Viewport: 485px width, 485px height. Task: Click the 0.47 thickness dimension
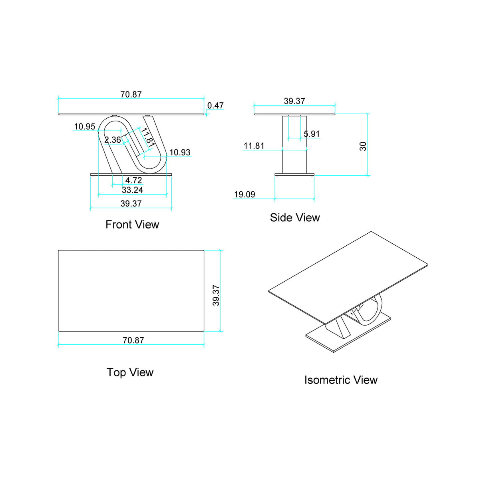pos(215,105)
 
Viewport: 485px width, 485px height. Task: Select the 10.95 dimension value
pos(85,127)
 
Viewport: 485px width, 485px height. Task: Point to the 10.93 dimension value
pos(180,152)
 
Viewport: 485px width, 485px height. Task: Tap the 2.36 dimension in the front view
pos(113,140)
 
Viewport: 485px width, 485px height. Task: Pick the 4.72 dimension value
pos(133,180)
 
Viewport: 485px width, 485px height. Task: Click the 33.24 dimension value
pos(132,190)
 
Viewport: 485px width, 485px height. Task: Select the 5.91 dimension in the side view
pos(312,134)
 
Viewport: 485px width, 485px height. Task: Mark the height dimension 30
pos(363,146)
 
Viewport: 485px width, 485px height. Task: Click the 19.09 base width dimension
pos(244,195)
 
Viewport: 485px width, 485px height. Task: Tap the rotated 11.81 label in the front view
pos(147,137)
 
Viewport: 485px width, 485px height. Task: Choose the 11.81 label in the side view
pos(254,146)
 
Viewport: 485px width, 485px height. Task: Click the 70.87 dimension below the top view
pos(133,340)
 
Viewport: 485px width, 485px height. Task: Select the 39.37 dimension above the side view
pos(294,101)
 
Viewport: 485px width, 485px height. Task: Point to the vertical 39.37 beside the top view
pos(216,295)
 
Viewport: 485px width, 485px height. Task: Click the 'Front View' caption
pos(132,225)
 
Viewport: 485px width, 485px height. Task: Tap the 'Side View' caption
pos(295,218)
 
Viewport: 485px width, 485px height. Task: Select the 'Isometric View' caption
pos(341,380)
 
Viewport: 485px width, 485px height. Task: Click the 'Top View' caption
pos(130,372)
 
